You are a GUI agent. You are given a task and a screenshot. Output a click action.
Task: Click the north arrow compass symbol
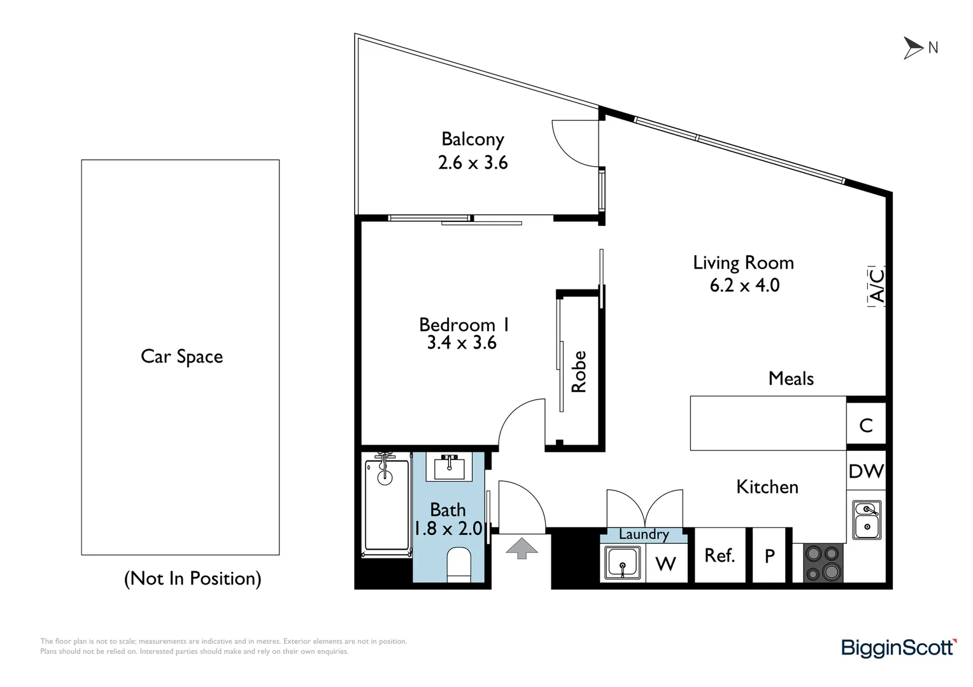pyautogui.click(x=913, y=48)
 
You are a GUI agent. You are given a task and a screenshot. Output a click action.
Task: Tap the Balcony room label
pyautogui.click(x=472, y=139)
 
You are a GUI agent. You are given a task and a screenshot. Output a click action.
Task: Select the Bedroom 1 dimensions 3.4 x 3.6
pyautogui.click(x=462, y=343)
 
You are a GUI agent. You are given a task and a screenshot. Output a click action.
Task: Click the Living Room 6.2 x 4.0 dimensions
pyautogui.click(x=744, y=286)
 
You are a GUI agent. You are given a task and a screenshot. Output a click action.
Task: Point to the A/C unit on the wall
pyautogui.click(x=877, y=286)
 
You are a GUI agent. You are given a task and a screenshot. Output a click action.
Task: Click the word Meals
pyautogui.click(x=791, y=378)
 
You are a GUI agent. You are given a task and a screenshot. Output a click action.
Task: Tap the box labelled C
pyautogui.click(x=866, y=425)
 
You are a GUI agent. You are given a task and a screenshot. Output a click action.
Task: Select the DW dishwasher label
pyautogui.click(x=866, y=471)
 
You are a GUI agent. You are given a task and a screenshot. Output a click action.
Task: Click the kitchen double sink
pyautogui.click(x=867, y=520)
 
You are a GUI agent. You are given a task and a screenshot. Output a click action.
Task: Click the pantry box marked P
pyautogui.click(x=770, y=556)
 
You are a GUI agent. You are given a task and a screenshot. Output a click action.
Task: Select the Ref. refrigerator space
pyautogui.click(x=720, y=555)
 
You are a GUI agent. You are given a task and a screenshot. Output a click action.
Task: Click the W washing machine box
pyautogui.click(x=666, y=564)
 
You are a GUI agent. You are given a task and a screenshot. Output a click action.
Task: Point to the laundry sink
pyautogui.click(x=622, y=563)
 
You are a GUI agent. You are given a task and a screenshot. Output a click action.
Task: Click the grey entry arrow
pyautogui.click(x=522, y=548)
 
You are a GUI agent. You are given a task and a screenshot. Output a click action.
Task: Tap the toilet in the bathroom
pyautogui.click(x=458, y=564)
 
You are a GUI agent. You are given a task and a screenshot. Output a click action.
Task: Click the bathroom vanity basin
pyautogui.click(x=449, y=468)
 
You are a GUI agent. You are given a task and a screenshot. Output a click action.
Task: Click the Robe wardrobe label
pyautogui.click(x=579, y=371)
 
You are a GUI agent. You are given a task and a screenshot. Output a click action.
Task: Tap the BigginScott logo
pyautogui.click(x=898, y=648)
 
